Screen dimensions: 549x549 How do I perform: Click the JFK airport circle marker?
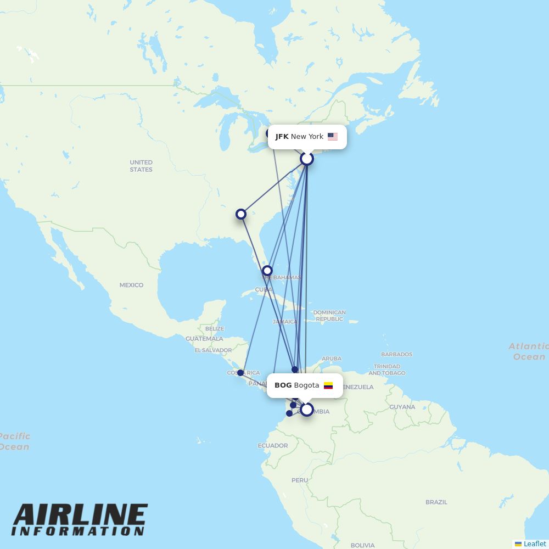(307, 159)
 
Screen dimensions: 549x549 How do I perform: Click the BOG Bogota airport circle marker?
(307, 409)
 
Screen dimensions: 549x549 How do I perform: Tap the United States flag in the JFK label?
(333, 137)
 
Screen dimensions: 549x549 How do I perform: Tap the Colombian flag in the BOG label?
(328, 385)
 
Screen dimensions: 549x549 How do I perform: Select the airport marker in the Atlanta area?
(241, 214)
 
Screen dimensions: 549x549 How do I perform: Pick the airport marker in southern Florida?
(267, 270)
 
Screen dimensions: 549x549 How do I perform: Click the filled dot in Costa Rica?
(240, 373)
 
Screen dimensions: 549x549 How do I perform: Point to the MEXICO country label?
(131, 285)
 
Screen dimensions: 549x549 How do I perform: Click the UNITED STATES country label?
(141, 166)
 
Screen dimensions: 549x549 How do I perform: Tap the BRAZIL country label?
(436, 502)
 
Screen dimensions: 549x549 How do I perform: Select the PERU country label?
(300, 480)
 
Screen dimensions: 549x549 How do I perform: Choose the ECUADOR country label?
(273, 445)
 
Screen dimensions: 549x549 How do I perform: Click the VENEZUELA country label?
(357, 387)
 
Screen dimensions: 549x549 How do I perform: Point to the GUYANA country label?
(402, 407)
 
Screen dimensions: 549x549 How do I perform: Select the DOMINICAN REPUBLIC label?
(329, 316)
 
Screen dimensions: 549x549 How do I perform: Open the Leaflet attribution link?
(534, 544)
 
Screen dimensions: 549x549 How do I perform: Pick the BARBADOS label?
(396, 355)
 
